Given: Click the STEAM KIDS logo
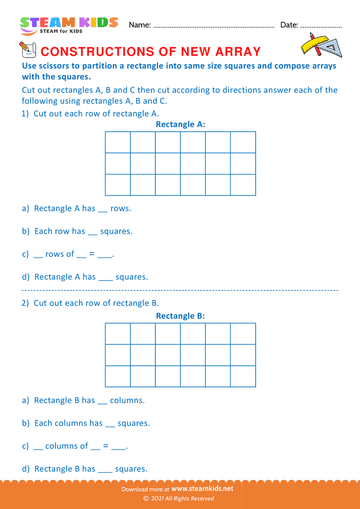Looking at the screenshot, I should tap(69, 25).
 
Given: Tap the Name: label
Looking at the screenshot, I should tap(140, 25).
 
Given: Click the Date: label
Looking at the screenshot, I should tap(289, 25).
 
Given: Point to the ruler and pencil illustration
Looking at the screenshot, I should tap(321, 45).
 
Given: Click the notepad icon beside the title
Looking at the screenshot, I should tap(26, 49).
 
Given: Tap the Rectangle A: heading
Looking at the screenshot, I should tap(180, 124).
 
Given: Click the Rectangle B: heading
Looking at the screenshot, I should tap(180, 316).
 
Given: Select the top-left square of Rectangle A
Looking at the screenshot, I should tap(118, 142).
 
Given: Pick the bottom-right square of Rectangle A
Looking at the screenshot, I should tap(243, 185).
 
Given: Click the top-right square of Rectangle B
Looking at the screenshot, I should tap(243, 334).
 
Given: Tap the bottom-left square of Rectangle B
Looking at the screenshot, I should tap(118, 376).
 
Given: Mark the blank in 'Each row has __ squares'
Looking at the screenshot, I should tap(92, 232).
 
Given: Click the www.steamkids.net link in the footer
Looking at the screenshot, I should tap(199, 489).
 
